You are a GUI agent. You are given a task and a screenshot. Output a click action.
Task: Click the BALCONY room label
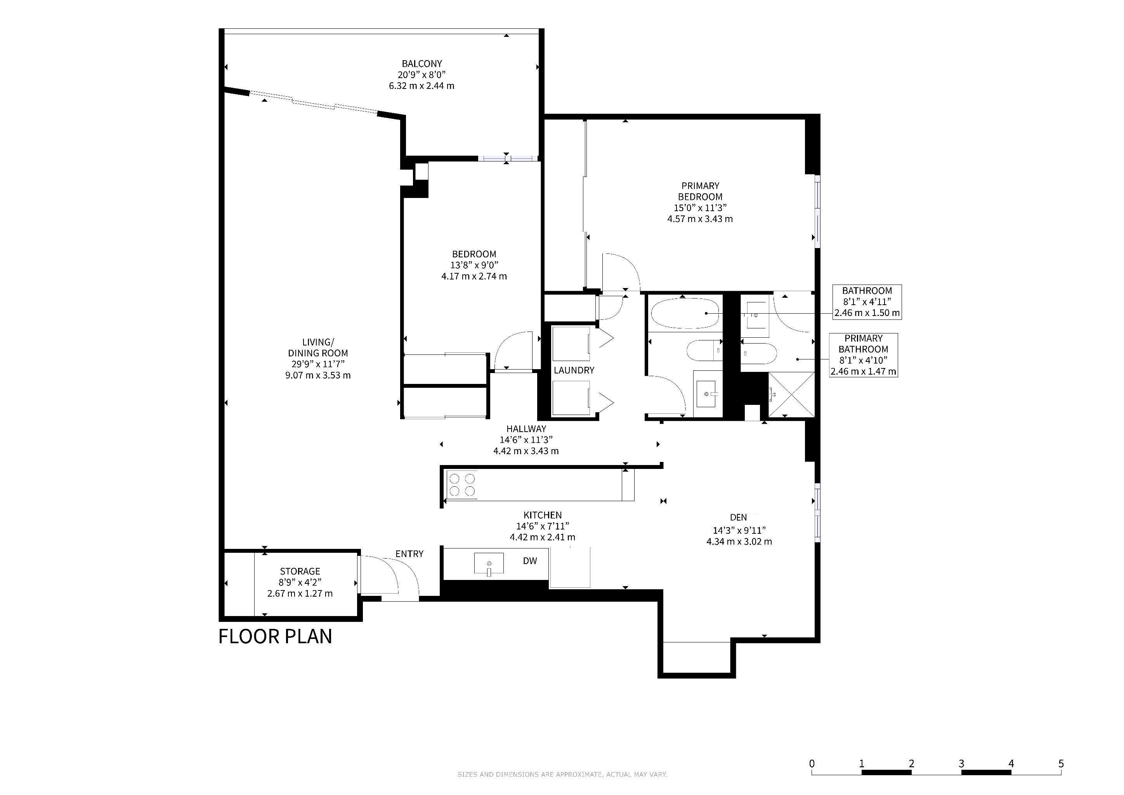pos(421,64)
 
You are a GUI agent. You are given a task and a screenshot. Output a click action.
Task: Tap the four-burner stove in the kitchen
pos(462,484)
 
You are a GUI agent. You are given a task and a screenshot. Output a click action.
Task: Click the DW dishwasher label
pos(530,561)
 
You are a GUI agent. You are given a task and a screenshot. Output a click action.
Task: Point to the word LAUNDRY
pos(574,371)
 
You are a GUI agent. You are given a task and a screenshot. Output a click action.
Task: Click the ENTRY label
pos(409,554)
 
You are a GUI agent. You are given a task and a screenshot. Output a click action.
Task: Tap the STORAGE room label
pos(300,571)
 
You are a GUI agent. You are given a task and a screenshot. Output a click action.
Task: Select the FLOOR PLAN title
pos(275,636)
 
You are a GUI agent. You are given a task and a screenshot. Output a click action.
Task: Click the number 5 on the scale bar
pos(1061,764)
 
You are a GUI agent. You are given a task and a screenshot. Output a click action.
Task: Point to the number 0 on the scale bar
pos(812,764)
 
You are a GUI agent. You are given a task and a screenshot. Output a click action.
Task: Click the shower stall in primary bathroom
pos(791,394)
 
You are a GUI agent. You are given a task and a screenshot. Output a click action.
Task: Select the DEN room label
pos(738,517)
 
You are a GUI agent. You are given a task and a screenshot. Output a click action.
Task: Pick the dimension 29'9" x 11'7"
pos(318,364)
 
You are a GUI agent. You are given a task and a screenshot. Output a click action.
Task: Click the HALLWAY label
pos(526,429)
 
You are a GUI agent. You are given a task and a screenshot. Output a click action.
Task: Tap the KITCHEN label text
pos(543,515)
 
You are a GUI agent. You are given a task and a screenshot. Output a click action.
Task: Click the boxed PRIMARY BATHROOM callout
pos(863,355)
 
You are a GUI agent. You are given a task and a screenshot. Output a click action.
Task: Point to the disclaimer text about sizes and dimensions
pos(562,774)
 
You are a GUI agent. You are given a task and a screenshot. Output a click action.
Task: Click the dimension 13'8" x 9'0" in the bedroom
pos(474,266)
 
